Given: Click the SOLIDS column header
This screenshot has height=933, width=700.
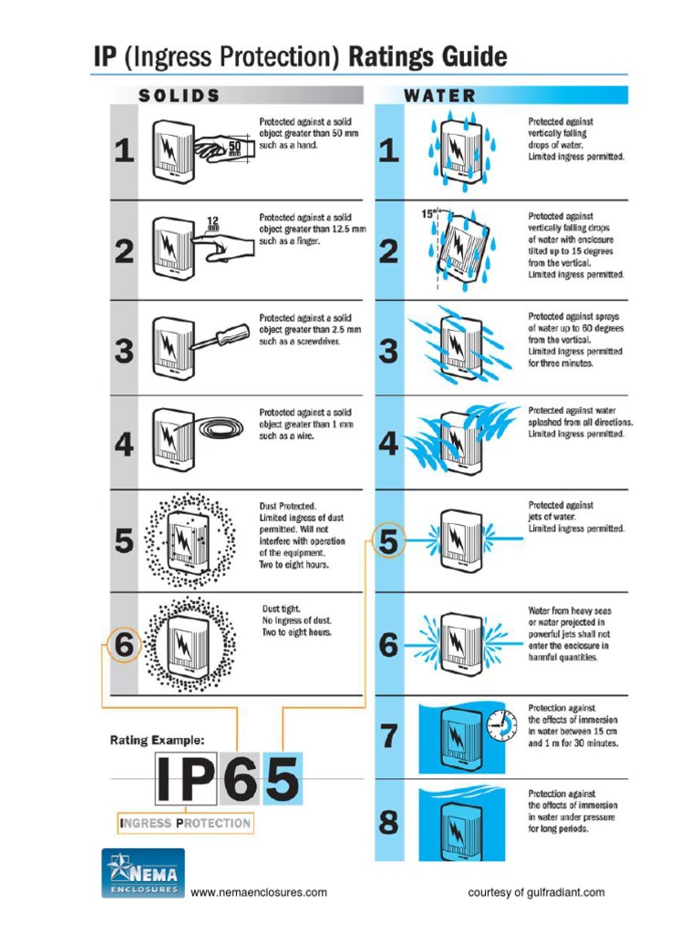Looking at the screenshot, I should coord(179,96).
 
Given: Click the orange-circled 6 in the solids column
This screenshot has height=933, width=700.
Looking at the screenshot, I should coord(125,647).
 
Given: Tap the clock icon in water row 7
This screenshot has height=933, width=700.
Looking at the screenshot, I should coord(499,725).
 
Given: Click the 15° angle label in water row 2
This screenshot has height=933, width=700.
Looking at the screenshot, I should coord(428,215).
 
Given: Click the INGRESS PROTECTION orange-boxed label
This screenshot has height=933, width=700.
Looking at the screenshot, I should coord(185,824).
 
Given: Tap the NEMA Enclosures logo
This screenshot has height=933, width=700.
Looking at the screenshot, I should coord(142,873).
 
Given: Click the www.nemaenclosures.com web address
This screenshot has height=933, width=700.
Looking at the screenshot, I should coord(259,893).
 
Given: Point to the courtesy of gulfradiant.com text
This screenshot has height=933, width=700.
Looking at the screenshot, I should coord(536,893).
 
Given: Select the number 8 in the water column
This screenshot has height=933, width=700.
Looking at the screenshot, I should coord(389,823).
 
